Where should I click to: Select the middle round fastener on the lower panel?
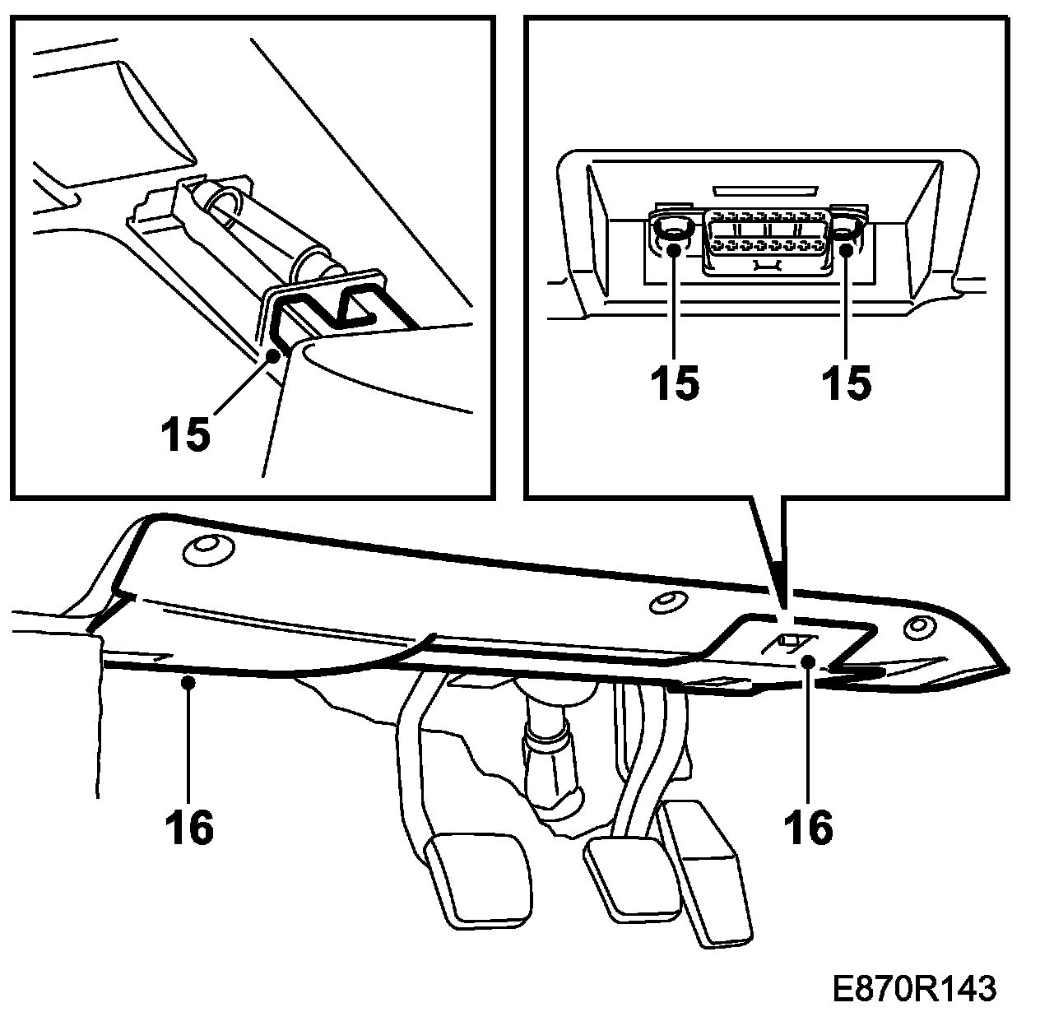(x=666, y=602)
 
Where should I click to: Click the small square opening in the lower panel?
(x=791, y=642)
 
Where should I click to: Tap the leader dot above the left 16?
(x=189, y=680)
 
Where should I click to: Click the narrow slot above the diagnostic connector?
(x=764, y=190)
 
